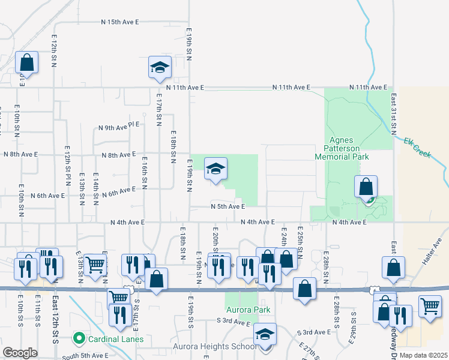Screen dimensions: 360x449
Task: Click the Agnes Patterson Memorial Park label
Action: click(342, 147)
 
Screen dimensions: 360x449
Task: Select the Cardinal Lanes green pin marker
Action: click(78, 339)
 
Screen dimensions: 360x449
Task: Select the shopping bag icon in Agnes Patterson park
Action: click(366, 187)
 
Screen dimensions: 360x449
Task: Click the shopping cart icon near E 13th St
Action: click(95, 265)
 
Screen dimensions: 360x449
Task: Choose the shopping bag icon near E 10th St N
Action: click(27, 62)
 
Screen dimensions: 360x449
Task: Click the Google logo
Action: click(20, 353)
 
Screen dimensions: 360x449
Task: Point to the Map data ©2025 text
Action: click(424, 355)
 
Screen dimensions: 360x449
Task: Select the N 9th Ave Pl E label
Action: click(119, 127)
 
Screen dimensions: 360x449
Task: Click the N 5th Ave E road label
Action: click(229, 206)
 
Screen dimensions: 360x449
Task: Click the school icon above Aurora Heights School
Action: click(264, 334)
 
